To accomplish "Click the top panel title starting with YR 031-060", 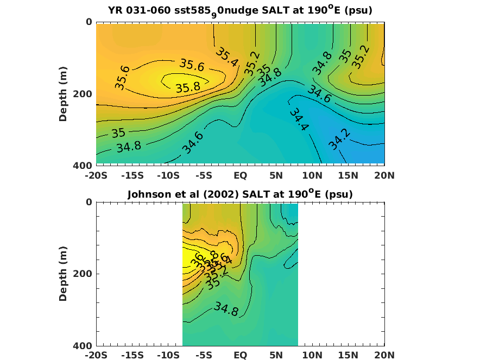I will (240, 11).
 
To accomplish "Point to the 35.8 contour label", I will (188, 87).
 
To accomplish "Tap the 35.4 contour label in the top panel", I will (227, 56).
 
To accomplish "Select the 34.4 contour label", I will (299, 119).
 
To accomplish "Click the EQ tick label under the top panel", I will (240, 175).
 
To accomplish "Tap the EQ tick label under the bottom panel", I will (240, 356).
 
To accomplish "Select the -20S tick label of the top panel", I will (96, 175).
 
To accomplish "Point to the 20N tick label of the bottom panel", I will (384, 356).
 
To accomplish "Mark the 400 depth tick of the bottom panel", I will (81, 346).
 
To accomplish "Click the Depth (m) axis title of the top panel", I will (63, 93).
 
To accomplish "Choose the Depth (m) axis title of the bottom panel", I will (63, 273).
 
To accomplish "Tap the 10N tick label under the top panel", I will (312, 175).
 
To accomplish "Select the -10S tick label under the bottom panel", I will (168, 356).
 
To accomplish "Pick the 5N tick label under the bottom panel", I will (276, 356).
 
